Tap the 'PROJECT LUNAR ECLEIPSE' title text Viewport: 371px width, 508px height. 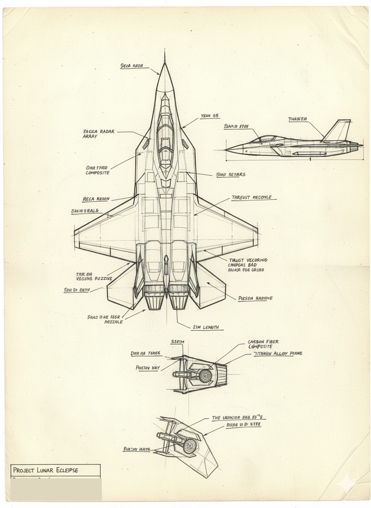click(x=45, y=470)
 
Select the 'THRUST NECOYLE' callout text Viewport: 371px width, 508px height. click(x=251, y=197)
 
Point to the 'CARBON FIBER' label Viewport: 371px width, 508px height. click(x=263, y=342)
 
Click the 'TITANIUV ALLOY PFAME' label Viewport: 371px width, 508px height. click(x=277, y=354)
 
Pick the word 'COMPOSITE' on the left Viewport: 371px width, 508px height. click(x=97, y=172)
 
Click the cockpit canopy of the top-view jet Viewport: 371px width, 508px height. click(x=165, y=137)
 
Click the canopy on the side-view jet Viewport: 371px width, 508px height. click(x=267, y=139)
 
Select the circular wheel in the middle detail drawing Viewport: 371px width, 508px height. click(x=206, y=376)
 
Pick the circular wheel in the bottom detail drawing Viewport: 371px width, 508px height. click(x=190, y=447)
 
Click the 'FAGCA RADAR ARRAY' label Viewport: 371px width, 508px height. click(x=99, y=133)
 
